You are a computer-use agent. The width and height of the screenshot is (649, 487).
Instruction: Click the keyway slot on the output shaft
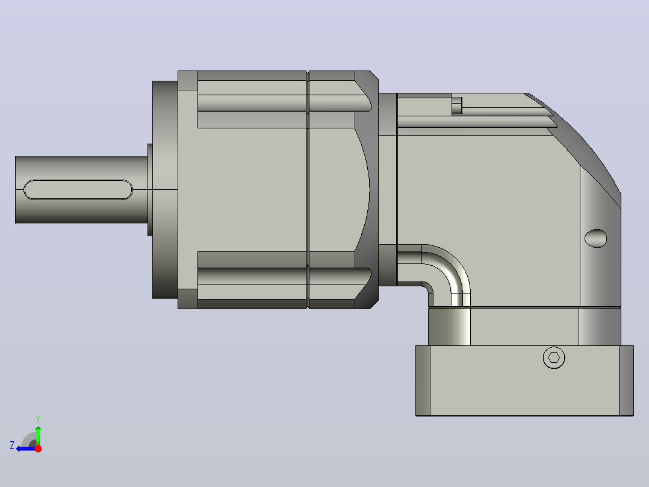point(78,190)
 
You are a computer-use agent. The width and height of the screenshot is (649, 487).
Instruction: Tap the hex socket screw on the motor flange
point(554,357)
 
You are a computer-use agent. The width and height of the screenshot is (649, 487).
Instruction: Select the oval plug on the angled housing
point(595,238)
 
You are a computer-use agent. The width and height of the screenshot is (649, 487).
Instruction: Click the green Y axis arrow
point(38,435)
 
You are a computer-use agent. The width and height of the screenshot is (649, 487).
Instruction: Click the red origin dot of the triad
point(38,448)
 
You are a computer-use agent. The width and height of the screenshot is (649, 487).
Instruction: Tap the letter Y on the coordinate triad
point(38,419)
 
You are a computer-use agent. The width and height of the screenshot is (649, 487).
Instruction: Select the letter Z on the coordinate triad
point(12,445)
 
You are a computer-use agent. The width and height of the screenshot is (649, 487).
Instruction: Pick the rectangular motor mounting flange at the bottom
point(524,380)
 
